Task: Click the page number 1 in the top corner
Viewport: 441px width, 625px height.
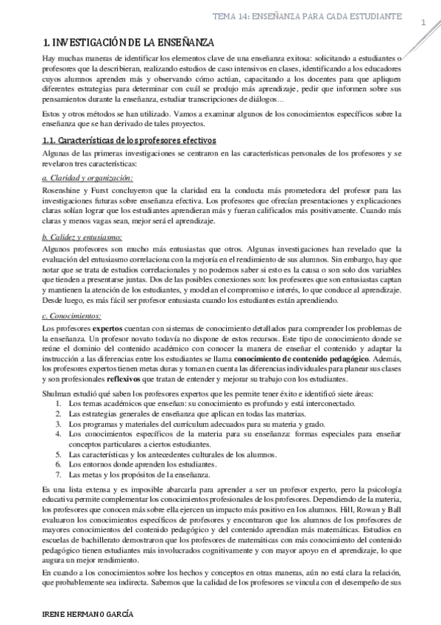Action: point(424,24)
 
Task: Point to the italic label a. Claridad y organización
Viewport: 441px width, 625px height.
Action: point(88,179)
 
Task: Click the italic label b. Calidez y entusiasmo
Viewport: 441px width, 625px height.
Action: point(82,237)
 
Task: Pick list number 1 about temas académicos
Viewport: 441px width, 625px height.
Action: point(59,405)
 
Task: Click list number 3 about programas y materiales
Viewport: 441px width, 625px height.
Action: point(59,425)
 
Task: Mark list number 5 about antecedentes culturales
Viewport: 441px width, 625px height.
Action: point(59,455)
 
